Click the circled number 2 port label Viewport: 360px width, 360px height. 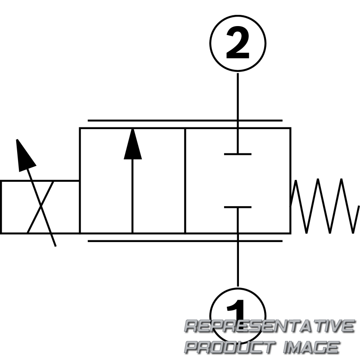pos(238,43)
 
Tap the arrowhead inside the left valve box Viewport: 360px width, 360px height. pos(133,144)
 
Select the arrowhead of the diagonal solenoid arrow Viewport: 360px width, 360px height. pos(25,155)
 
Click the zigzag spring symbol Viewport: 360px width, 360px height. pos(324,206)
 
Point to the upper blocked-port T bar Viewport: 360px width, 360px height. pos(238,154)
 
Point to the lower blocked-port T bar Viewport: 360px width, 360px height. pos(238,207)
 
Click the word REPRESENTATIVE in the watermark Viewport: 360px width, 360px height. pos(269,326)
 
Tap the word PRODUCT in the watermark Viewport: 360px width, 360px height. pos(229,347)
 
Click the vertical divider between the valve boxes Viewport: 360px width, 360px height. pos(185,181)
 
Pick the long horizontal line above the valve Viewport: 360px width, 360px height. pos(185,120)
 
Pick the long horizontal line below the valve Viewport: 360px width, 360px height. pos(185,241)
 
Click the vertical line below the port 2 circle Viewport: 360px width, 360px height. pos(238,113)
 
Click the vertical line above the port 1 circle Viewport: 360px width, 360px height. pos(238,247)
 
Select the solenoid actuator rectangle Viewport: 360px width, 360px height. pos(40,207)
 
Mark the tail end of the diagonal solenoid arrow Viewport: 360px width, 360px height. pos(55,246)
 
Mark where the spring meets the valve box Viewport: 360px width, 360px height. pos(291,205)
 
